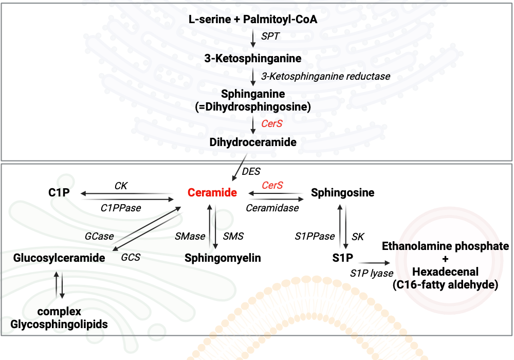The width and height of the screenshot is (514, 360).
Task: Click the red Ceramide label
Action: click(x=212, y=193)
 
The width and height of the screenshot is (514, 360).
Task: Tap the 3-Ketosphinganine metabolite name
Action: click(x=253, y=58)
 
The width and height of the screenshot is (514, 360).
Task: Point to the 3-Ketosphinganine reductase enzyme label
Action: click(x=325, y=76)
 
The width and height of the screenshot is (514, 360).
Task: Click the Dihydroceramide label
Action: click(x=253, y=142)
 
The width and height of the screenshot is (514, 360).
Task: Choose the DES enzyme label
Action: click(x=251, y=171)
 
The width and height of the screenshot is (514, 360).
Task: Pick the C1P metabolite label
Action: click(x=60, y=193)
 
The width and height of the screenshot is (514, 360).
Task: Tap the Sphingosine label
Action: click(x=342, y=193)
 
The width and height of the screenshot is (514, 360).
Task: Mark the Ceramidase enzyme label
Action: click(x=272, y=208)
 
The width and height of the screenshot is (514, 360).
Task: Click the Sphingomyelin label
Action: click(x=223, y=258)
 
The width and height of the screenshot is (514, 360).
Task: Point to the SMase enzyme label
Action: click(x=190, y=236)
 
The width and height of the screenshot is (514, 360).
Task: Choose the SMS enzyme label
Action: click(x=233, y=236)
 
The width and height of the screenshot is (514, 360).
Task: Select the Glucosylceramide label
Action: click(x=60, y=258)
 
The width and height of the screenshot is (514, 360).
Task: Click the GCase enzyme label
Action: click(x=99, y=236)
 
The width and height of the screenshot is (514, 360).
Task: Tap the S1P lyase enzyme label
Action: click(x=372, y=273)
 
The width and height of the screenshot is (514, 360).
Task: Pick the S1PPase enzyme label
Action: click(x=315, y=236)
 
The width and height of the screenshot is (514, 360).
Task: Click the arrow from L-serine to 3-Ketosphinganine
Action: click(x=253, y=38)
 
